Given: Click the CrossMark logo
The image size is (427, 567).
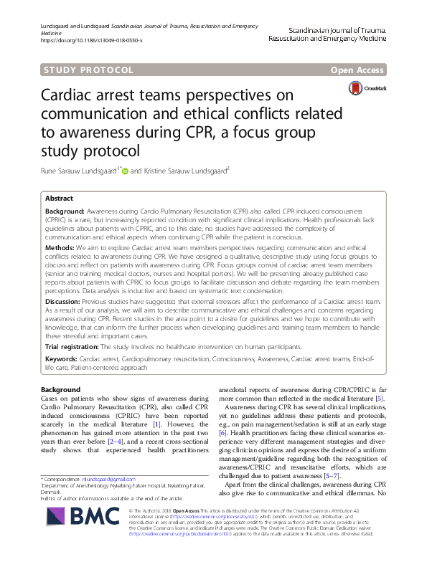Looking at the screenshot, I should coord(367,88).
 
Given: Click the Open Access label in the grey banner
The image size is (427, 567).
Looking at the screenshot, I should coord(358,70).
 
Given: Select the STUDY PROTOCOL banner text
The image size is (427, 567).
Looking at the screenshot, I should coord(88,70).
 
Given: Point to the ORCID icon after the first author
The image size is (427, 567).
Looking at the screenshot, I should coord(124,171).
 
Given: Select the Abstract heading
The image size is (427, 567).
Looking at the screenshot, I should coord(59,198).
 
